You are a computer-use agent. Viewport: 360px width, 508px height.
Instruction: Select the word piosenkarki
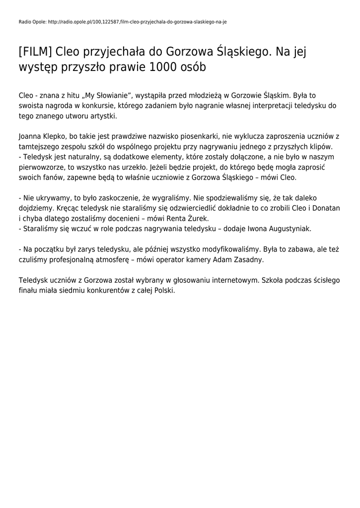coord(192,136)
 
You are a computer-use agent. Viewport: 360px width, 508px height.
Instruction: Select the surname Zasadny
coord(248,259)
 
